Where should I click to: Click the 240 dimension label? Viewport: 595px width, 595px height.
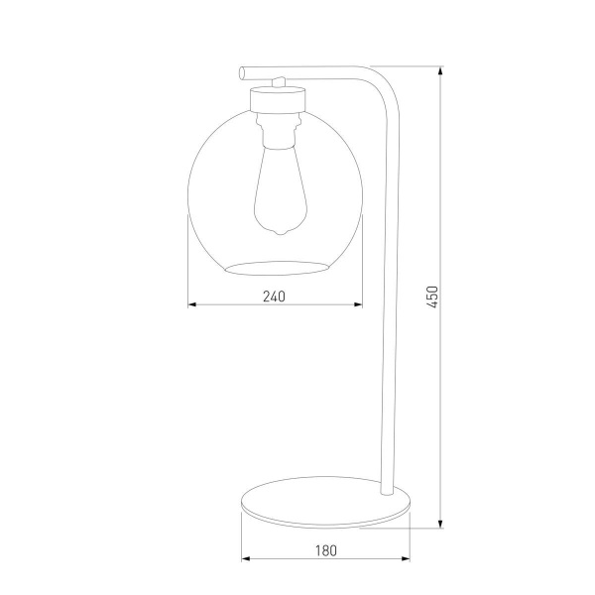tap(274, 296)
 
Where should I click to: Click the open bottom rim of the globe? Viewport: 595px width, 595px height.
tap(277, 267)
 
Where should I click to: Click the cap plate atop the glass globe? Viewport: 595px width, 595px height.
tap(277, 99)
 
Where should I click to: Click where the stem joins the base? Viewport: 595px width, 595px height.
tap(387, 489)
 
